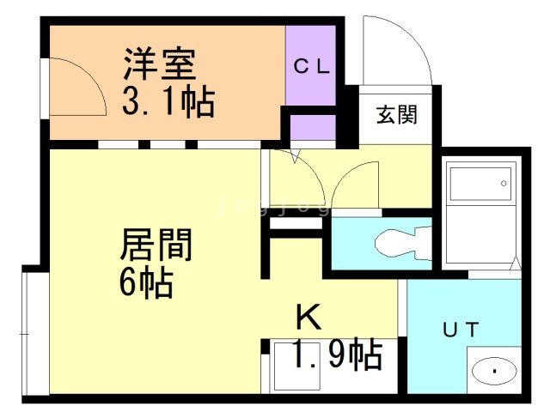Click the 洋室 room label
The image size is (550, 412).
coord(159,64)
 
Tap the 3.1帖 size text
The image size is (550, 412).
coord(168,101)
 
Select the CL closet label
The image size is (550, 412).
coord(312,67)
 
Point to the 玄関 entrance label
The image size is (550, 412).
coord(397,114)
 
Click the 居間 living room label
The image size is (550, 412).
coord(156,244)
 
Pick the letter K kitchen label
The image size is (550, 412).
coord(309,317)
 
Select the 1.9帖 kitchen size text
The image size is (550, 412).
coord(337,354)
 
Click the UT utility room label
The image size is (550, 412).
coord(461,330)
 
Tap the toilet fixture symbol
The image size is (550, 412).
coord(403,243)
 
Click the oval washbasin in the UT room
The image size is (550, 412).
coord(494,371)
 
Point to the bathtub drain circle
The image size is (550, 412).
coord(504,183)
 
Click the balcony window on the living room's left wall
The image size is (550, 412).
coord(36,334)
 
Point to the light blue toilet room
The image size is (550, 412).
coord(382,244)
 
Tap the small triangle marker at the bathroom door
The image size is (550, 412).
coord(516,264)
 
